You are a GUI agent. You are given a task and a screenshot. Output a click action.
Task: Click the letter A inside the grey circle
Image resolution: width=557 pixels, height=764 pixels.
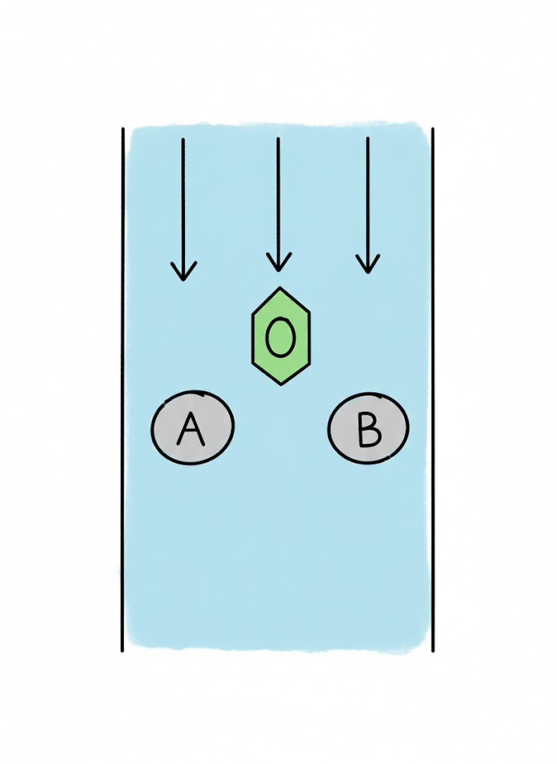point(191,429)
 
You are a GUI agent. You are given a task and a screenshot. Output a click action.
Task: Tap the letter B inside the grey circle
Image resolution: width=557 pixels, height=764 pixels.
point(368,428)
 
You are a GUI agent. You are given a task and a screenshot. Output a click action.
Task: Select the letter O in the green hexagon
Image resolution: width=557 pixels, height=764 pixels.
point(280,338)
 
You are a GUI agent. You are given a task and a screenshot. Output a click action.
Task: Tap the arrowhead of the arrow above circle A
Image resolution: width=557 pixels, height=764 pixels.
point(183,278)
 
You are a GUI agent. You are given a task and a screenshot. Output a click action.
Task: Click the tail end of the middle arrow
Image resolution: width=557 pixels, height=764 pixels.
point(277,139)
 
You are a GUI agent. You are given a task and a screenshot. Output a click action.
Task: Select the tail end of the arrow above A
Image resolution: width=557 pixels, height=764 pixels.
point(183,140)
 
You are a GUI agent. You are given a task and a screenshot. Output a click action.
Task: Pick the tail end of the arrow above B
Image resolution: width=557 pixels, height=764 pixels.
point(367,138)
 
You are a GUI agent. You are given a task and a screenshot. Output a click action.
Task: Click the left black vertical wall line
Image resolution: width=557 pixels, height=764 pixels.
point(122,388)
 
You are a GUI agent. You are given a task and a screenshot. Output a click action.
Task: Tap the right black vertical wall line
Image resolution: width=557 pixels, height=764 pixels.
point(432,388)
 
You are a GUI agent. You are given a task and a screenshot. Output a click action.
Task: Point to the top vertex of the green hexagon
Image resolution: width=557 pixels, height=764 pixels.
point(280,288)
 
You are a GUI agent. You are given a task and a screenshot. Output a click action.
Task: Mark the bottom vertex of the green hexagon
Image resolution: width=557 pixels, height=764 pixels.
point(280,384)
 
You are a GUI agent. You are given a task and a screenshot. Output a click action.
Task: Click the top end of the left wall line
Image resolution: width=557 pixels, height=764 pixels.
point(122,129)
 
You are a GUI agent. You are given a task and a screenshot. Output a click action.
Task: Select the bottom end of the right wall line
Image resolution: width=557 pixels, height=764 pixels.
point(432,651)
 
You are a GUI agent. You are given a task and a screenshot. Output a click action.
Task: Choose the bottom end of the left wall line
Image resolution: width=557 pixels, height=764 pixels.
point(122,651)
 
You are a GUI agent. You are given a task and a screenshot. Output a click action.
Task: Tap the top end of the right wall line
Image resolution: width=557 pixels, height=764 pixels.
point(432,129)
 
